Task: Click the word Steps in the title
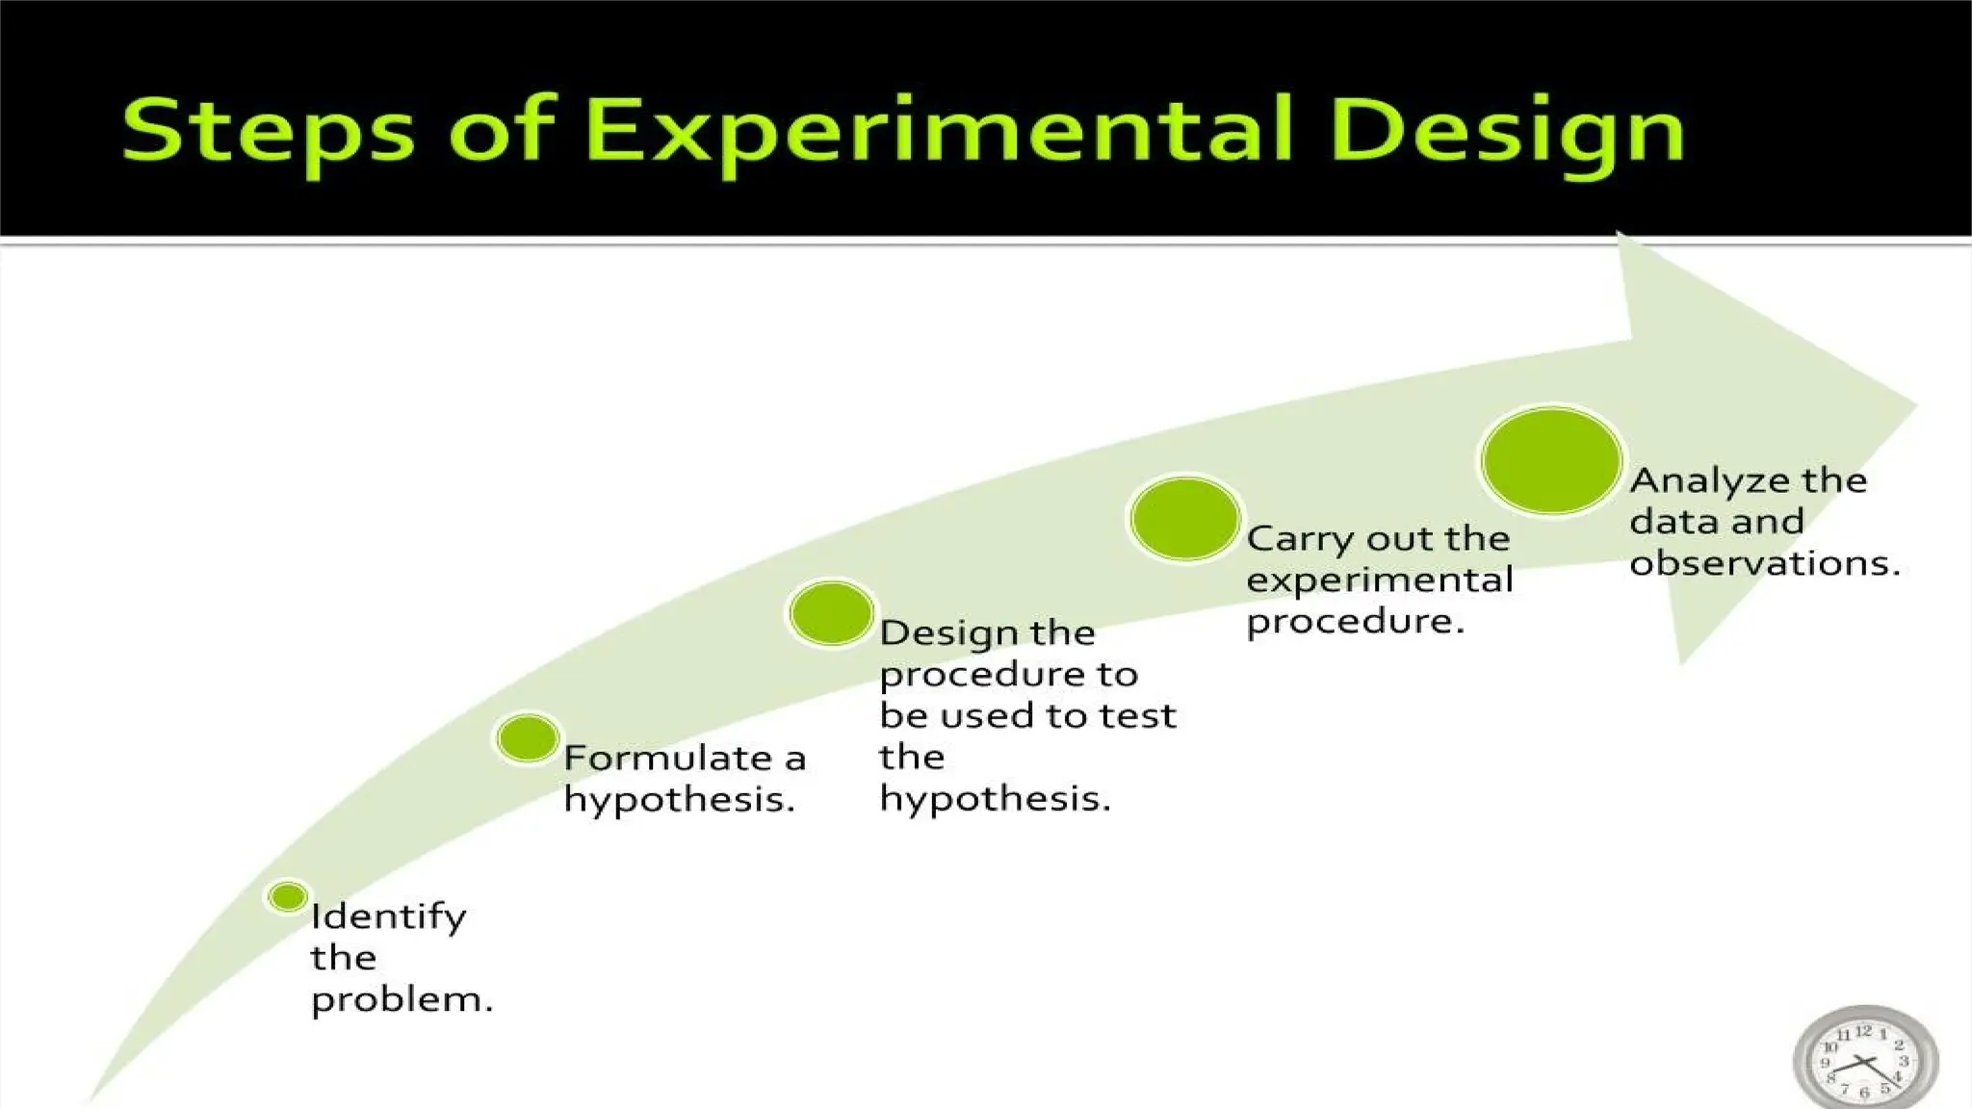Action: [268, 132]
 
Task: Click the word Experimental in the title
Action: [939, 132]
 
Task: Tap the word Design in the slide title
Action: [1510, 132]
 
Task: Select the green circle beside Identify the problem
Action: [288, 897]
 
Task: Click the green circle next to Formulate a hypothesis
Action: [528, 738]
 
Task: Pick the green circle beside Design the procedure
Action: [831, 613]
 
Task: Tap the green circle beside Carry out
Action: [1185, 519]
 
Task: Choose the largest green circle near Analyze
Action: [1551, 460]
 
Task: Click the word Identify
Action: [388, 916]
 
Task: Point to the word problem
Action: [402, 1000]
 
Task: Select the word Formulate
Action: [667, 759]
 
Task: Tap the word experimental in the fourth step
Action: [1379, 580]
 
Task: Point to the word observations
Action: [1764, 563]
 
